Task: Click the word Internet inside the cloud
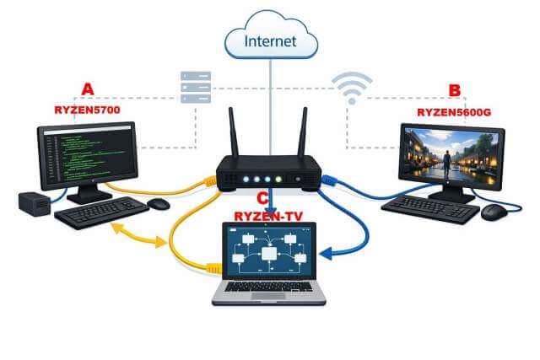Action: click(269, 39)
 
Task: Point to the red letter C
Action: click(263, 199)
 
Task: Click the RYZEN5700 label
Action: click(87, 110)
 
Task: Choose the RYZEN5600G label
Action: click(453, 111)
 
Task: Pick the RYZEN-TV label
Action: click(269, 216)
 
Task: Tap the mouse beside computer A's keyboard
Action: click(158, 204)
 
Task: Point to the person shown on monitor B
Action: click(445, 162)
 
